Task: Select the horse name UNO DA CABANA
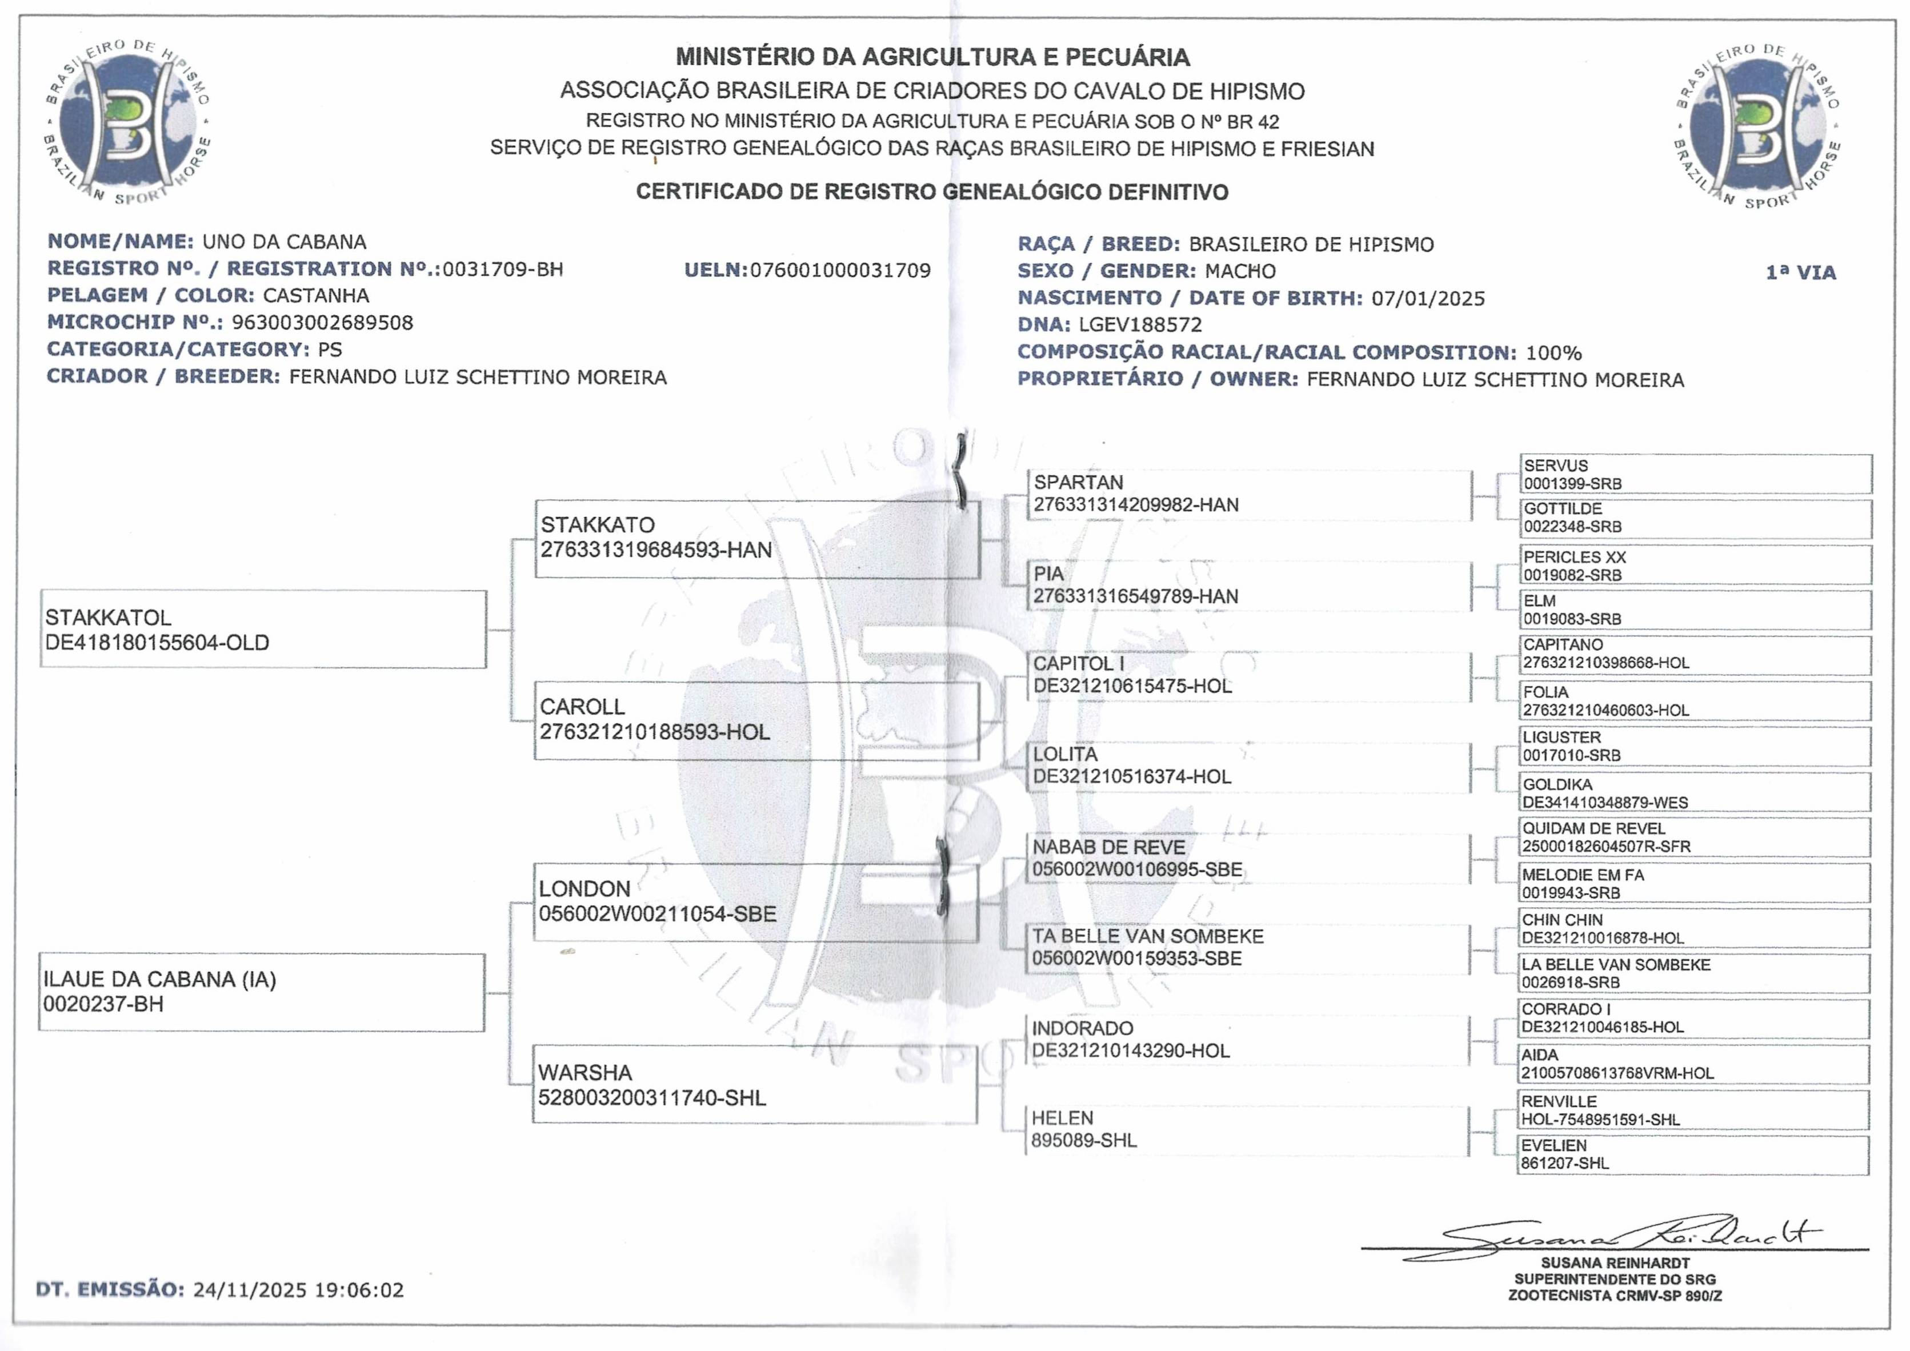pos(285,242)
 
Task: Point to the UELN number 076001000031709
pos(840,270)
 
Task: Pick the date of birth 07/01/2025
pos(1428,298)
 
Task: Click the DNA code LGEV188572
pos(1140,324)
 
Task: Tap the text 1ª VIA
pos(1800,272)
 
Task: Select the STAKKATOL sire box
pos(263,630)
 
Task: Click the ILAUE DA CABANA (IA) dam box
pos(261,992)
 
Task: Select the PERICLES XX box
pos(1695,566)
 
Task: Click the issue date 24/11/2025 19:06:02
pos(298,1290)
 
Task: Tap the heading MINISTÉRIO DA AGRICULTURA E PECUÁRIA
pos(932,57)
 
